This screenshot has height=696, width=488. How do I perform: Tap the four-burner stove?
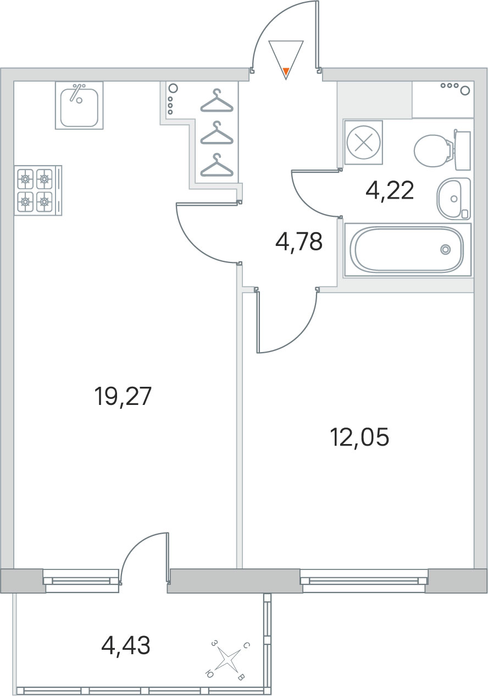pos(38,190)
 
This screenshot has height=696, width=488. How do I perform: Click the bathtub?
pos(408,249)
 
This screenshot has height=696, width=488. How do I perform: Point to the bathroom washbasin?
pos(453,199)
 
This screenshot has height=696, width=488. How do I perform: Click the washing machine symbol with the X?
pos(363,143)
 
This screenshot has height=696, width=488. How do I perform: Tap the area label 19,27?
pos(124,397)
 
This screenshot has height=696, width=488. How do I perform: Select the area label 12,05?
pos(361,437)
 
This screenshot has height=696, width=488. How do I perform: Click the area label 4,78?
pos(299,242)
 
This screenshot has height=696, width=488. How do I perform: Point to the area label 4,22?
pos(390,191)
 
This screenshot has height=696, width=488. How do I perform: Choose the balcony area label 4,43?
pos(126,645)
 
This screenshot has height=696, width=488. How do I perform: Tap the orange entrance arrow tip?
pos(286,73)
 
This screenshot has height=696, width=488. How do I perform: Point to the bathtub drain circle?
pos(446,249)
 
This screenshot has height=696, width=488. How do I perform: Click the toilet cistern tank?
pos(463,150)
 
